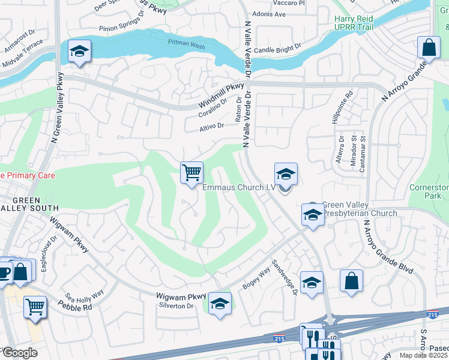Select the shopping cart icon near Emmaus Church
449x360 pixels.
(x=192, y=173)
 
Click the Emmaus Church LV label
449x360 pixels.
(x=238, y=188)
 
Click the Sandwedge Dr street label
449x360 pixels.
(x=285, y=278)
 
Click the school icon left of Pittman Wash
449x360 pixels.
(x=79, y=52)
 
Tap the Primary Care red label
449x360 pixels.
(x=28, y=176)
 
